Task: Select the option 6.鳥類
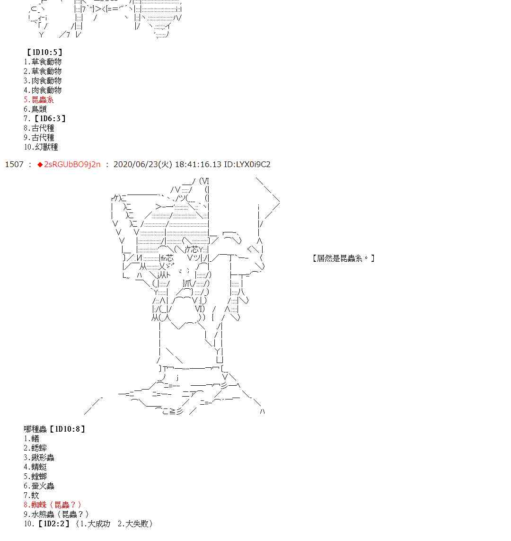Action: [35, 109]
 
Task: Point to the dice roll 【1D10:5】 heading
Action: [44, 53]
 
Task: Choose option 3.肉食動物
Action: [43, 81]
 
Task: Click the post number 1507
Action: [14, 164]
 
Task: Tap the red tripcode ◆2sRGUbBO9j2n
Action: [69, 164]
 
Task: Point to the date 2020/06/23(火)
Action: [143, 164]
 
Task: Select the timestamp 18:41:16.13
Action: [198, 164]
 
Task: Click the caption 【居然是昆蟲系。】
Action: [344, 258]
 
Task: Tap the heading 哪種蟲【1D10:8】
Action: [55, 429]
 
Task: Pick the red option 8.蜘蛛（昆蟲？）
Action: [53, 505]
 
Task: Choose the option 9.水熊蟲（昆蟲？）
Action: [56, 514]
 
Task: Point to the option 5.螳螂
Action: [35, 477]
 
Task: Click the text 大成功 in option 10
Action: [99, 524]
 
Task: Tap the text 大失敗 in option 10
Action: [137, 524]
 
